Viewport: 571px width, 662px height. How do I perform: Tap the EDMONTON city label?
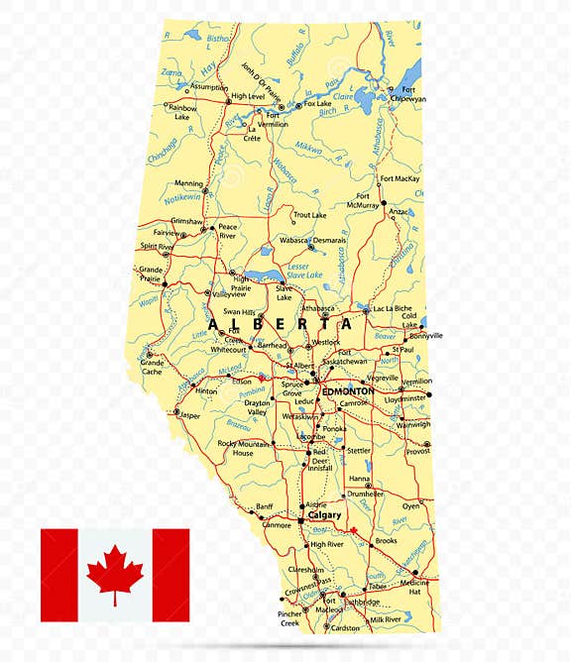click(x=348, y=391)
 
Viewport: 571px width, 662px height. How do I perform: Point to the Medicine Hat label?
click(x=414, y=589)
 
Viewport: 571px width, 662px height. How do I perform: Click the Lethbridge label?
click(x=361, y=601)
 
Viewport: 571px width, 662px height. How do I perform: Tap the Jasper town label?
click(x=189, y=415)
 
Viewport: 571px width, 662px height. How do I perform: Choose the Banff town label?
click(x=265, y=506)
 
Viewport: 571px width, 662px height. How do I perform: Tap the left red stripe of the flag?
click(x=58, y=575)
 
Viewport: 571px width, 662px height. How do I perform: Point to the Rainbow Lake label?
click(x=181, y=111)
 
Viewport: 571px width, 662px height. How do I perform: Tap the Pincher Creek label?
click(x=289, y=619)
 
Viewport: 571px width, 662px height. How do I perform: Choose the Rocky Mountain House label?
click(x=243, y=448)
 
